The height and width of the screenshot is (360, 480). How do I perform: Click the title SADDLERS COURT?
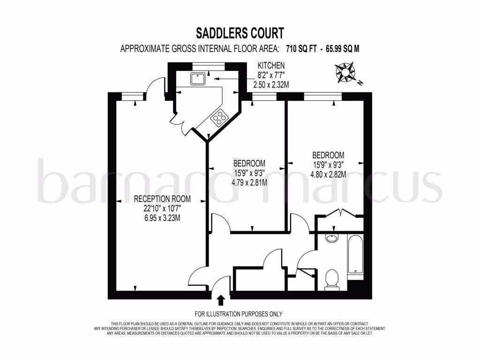pyautogui.click(x=240, y=33)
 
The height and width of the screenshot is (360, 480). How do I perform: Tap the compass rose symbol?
pyautogui.click(x=346, y=73)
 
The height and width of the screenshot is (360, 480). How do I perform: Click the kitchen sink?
pyautogui.click(x=196, y=79)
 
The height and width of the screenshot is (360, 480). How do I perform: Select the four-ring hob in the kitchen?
pyautogui.click(x=219, y=117)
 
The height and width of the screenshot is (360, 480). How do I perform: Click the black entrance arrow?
pyautogui.click(x=221, y=300)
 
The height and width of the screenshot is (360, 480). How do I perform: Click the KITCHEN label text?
pyautogui.click(x=270, y=65)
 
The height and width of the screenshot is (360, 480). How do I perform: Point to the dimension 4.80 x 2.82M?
pyautogui.click(x=328, y=174)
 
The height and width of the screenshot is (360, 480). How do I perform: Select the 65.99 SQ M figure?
pyautogui.click(x=340, y=48)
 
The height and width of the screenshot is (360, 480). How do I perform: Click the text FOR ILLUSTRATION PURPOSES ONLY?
pyautogui.click(x=239, y=314)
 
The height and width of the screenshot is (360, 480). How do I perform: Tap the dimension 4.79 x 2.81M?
pyautogui.click(x=249, y=183)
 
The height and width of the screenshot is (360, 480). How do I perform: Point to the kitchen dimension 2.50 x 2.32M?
pyautogui.click(x=270, y=84)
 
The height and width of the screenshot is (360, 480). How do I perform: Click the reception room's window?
pyautogui.click(x=131, y=96)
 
